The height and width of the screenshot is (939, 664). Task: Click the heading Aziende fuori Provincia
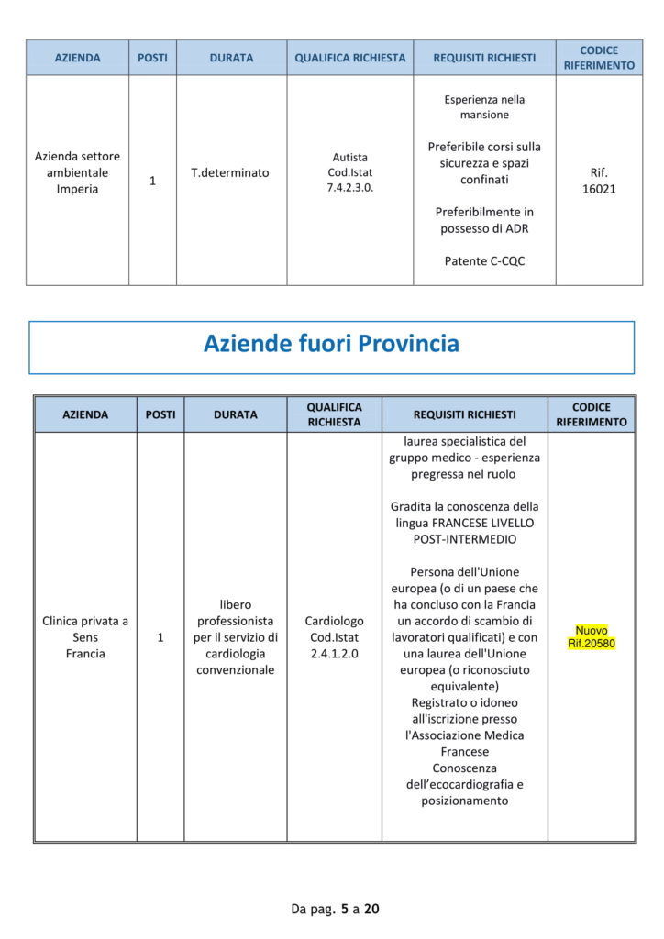click(331, 344)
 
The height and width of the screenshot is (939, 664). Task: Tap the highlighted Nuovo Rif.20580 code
click(592, 637)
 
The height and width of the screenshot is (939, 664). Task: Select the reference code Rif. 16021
click(599, 180)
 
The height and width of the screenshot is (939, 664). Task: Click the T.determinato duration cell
click(230, 172)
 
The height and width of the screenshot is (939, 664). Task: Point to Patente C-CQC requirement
click(484, 261)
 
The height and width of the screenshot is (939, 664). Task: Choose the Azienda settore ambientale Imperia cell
click(77, 172)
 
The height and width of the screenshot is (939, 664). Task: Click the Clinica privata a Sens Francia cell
click(85, 637)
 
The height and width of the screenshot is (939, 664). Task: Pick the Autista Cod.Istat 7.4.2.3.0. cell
click(349, 172)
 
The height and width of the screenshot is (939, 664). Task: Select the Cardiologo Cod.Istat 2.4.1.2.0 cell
click(334, 637)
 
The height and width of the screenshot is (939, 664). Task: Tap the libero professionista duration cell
click(236, 637)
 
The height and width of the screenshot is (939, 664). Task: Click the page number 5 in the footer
click(344, 910)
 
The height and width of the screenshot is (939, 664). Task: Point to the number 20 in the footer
click(371, 910)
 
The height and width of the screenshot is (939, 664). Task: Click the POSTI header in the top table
click(152, 58)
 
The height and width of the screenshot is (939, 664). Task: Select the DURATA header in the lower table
click(235, 414)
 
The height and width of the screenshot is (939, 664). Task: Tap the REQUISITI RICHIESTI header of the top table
click(484, 58)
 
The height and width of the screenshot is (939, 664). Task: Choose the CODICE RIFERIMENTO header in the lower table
click(592, 414)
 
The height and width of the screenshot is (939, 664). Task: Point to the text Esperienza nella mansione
click(484, 107)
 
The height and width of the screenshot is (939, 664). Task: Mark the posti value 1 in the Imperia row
click(152, 181)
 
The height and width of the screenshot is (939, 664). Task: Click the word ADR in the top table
click(516, 228)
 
